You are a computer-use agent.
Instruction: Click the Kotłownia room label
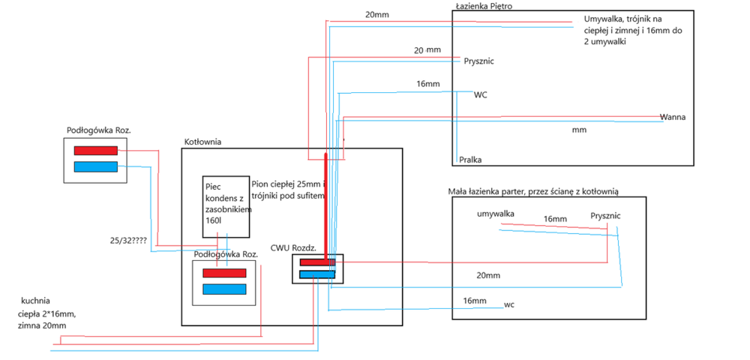202,142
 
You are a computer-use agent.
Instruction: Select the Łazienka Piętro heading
484,6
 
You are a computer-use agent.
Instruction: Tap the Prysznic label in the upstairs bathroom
479,61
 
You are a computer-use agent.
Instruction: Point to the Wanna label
673,117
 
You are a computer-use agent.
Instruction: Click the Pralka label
470,160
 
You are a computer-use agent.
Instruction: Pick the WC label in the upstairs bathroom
481,95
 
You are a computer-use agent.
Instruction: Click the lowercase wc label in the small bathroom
509,304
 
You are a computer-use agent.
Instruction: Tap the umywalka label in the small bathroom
496,214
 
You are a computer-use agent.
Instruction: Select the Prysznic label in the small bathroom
605,215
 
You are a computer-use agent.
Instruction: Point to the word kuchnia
36,300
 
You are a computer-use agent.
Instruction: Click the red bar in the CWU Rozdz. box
317,262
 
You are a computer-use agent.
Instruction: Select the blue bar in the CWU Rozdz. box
317,274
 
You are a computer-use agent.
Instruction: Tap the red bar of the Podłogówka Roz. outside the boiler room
95,151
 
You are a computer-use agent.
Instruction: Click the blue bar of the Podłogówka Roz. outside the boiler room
95,166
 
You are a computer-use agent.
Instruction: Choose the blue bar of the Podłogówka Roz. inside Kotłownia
224,289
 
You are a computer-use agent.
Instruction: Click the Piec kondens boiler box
226,206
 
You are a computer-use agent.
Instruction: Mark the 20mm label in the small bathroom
488,275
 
